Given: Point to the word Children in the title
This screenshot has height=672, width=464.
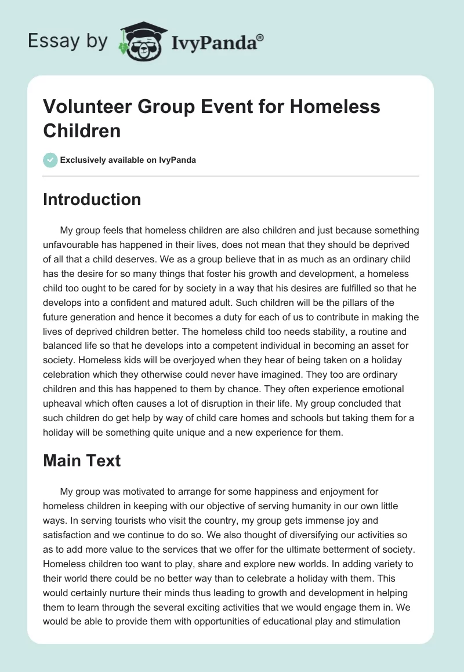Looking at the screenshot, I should pos(82,130).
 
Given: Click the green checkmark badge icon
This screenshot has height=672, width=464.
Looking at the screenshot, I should pos(50,160).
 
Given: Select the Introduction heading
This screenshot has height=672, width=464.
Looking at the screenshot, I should pos(92,199).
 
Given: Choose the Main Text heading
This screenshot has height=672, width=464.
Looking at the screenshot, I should pos(82,461).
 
